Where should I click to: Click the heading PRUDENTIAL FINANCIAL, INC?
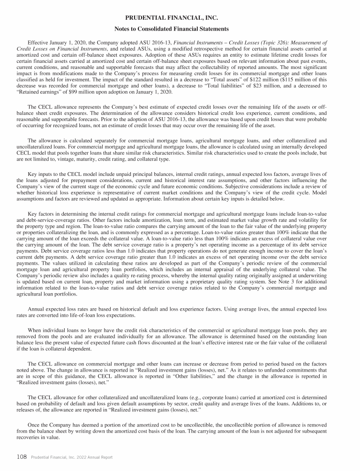click(180, 18)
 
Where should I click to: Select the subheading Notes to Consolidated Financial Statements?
click(180, 29)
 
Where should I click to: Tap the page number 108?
click(21, 457)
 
